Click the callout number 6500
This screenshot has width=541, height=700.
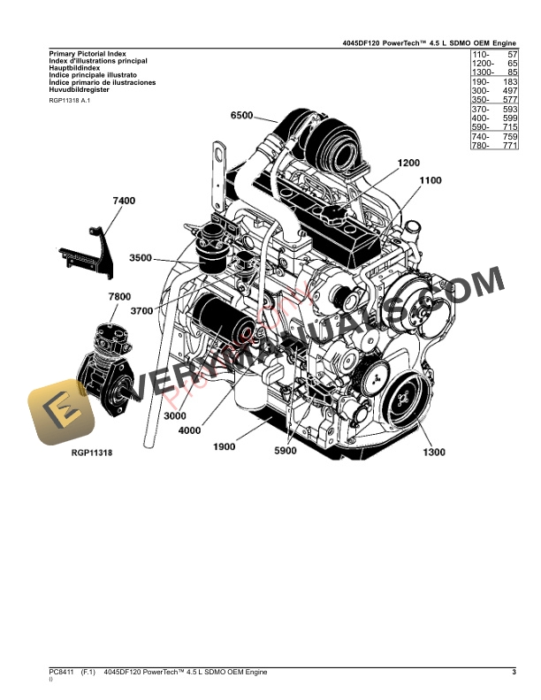[241, 116]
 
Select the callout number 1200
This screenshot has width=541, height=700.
[409, 163]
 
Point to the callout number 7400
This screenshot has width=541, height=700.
[124, 202]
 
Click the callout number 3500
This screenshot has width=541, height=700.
[141, 258]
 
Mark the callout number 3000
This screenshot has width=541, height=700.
[176, 415]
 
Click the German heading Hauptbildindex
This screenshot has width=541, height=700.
[74, 68]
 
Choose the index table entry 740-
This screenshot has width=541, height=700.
[481, 137]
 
